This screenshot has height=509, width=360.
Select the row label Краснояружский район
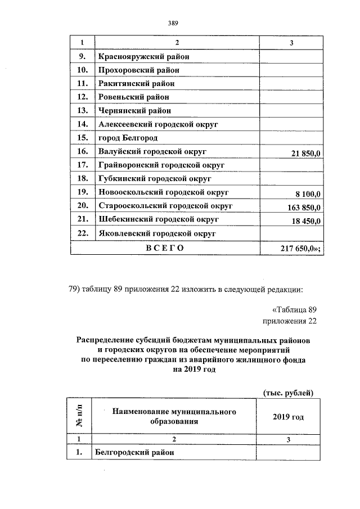(143, 56)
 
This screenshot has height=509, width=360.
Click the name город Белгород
(128, 138)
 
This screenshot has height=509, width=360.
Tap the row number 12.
(82, 97)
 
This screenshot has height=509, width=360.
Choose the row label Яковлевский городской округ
(157, 233)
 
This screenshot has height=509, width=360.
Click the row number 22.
(82, 233)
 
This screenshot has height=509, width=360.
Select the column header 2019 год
(288, 417)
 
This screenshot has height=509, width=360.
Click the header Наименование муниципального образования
(173, 417)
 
